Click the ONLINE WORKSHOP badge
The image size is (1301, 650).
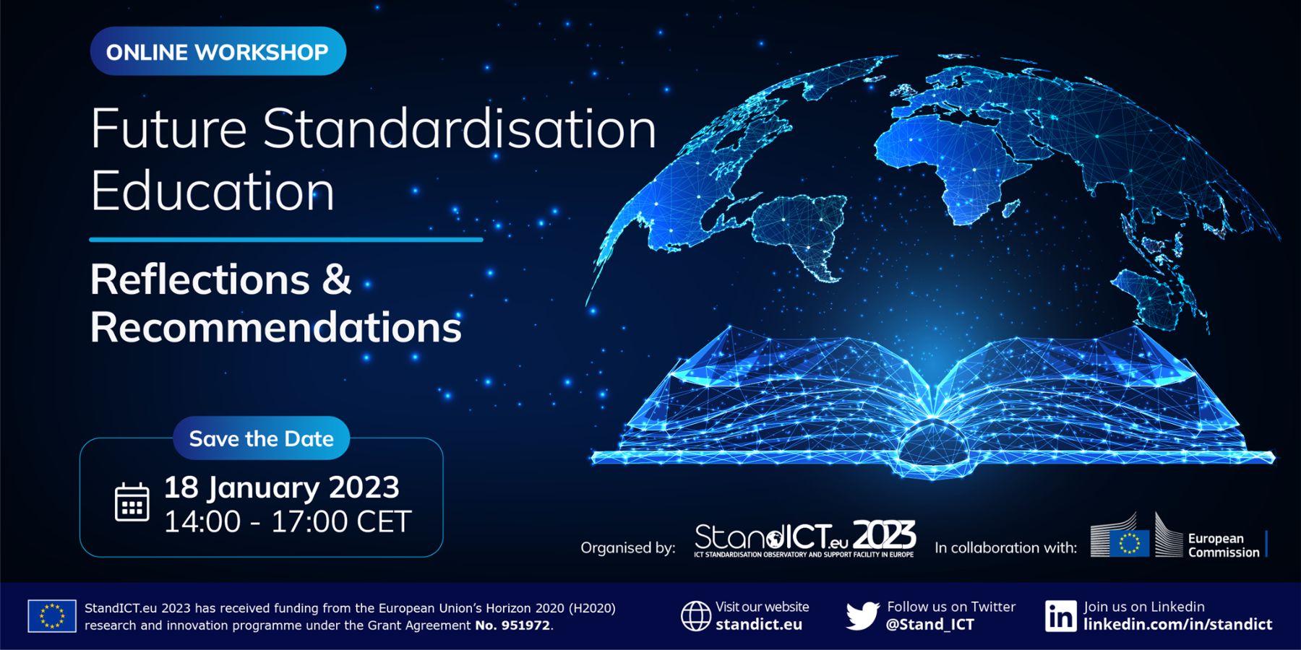[218, 51]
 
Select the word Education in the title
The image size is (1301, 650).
[212, 191]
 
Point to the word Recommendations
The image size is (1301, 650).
[276, 327]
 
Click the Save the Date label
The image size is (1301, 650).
[261, 438]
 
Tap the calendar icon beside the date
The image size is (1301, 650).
[132, 502]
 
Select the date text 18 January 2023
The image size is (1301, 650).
[282, 487]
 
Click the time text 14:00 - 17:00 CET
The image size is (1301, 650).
[288, 521]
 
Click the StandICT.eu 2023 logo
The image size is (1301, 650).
[805, 539]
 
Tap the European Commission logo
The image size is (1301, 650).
[1178, 536]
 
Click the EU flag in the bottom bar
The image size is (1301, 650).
[52, 616]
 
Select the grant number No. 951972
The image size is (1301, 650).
[512, 625]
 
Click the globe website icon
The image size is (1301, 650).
[696, 616]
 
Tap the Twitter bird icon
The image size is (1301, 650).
[862, 616]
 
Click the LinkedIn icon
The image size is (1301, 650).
[1060, 616]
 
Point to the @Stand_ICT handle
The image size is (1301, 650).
[930, 625]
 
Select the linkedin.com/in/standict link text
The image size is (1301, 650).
[1177, 625]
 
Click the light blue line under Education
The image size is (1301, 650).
[286, 239]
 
